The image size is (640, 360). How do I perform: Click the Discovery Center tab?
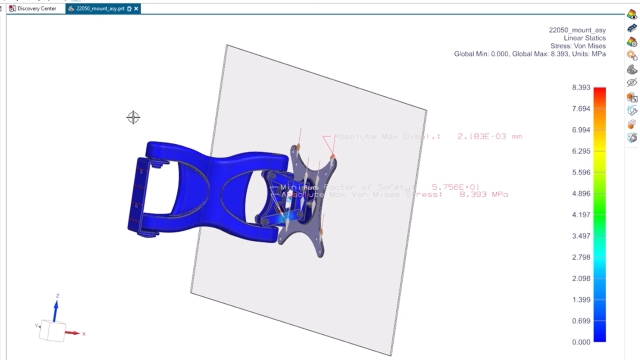36,8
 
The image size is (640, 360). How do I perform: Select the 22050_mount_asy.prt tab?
100,8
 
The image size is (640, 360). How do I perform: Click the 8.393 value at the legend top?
579,88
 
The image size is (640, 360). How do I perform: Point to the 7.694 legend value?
579,109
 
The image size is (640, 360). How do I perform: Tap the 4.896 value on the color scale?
579,194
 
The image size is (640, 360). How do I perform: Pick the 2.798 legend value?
579,258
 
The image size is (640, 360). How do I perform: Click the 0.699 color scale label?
579,321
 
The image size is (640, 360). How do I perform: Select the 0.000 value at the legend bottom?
579,342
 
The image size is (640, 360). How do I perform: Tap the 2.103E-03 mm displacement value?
489,136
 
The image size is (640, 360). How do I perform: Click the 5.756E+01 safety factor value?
456,186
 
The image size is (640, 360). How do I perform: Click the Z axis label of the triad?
57,296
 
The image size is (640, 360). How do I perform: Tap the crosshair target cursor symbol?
133,118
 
